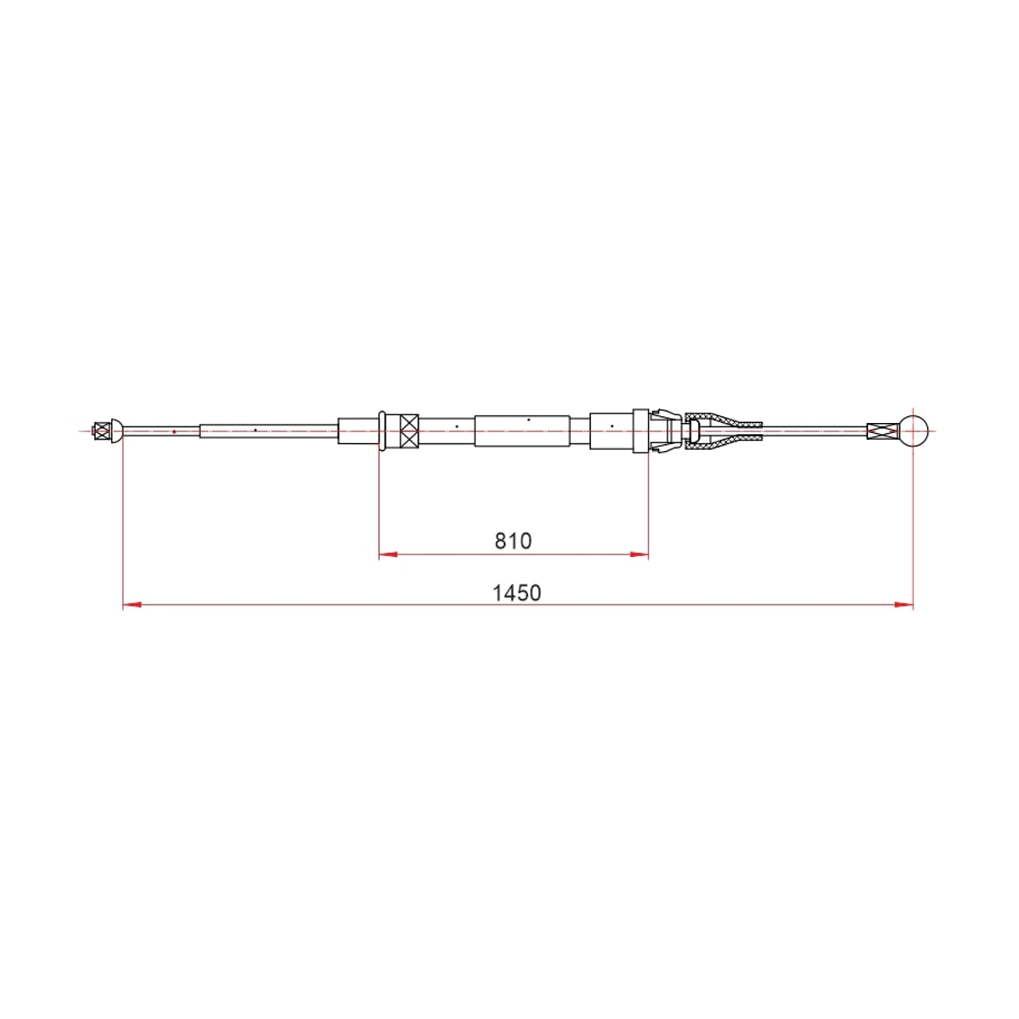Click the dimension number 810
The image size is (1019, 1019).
512,541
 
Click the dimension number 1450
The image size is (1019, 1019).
516,594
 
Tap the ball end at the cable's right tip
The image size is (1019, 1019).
914,431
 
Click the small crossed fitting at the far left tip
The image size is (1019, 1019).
100,431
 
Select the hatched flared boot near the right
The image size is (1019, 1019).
723,431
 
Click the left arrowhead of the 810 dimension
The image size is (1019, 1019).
388,555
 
